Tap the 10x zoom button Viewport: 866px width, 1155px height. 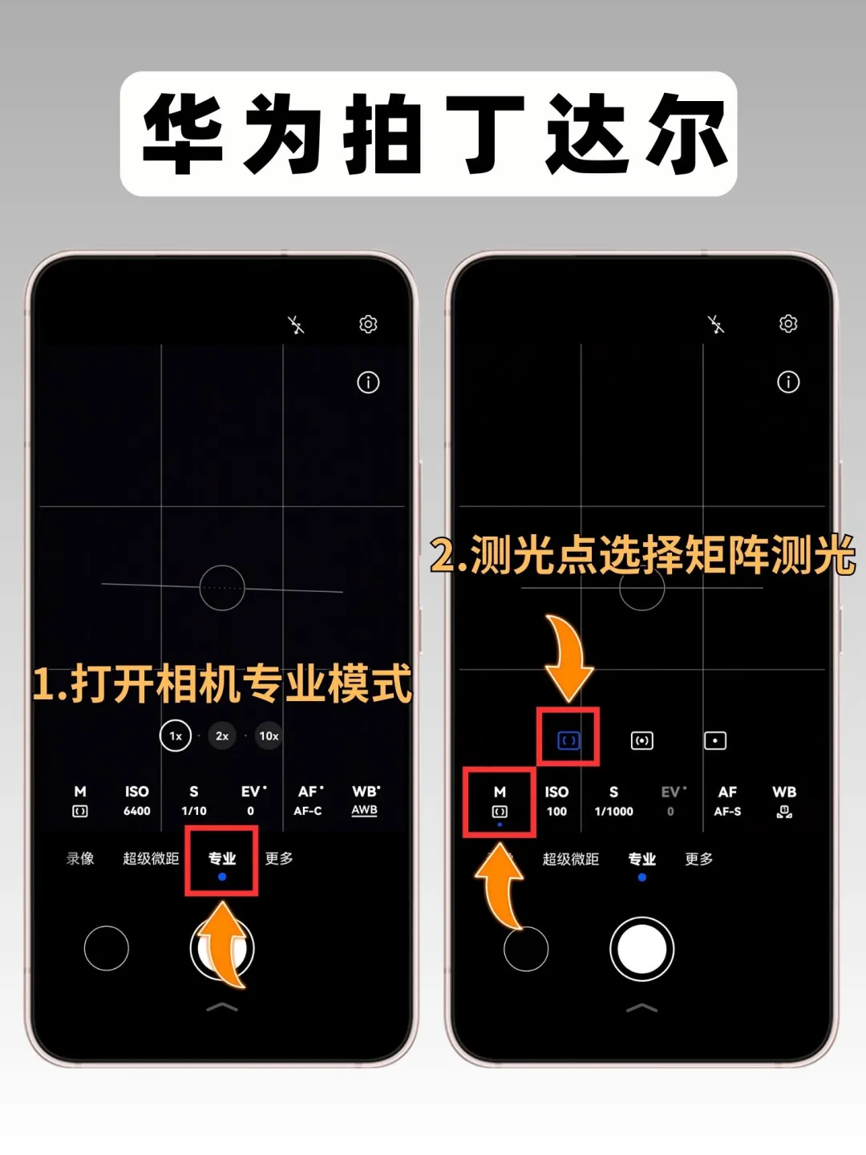point(269,736)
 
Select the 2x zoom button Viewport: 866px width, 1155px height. point(222,736)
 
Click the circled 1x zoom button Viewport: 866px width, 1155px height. point(175,736)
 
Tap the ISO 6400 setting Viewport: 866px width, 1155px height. point(136,800)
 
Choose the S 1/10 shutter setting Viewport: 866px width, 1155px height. point(193,800)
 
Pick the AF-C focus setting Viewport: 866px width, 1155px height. point(308,800)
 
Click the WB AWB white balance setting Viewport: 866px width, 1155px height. point(365,800)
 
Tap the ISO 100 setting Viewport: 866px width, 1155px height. point(556,800)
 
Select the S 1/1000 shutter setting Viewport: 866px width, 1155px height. point(613,800)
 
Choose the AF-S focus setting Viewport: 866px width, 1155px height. point(727,800)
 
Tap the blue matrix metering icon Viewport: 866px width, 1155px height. point(568,741)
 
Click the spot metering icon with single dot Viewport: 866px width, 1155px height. point(715,740)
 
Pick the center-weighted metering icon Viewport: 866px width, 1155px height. point(641,740)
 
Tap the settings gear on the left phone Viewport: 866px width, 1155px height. point(368,324)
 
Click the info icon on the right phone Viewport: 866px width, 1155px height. point(787,382)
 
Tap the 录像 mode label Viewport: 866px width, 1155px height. point(80,858)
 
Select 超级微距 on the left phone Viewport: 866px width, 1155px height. point(151,858)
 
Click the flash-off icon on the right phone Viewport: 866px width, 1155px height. point(715,324)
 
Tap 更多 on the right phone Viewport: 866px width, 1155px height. point(698,859)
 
